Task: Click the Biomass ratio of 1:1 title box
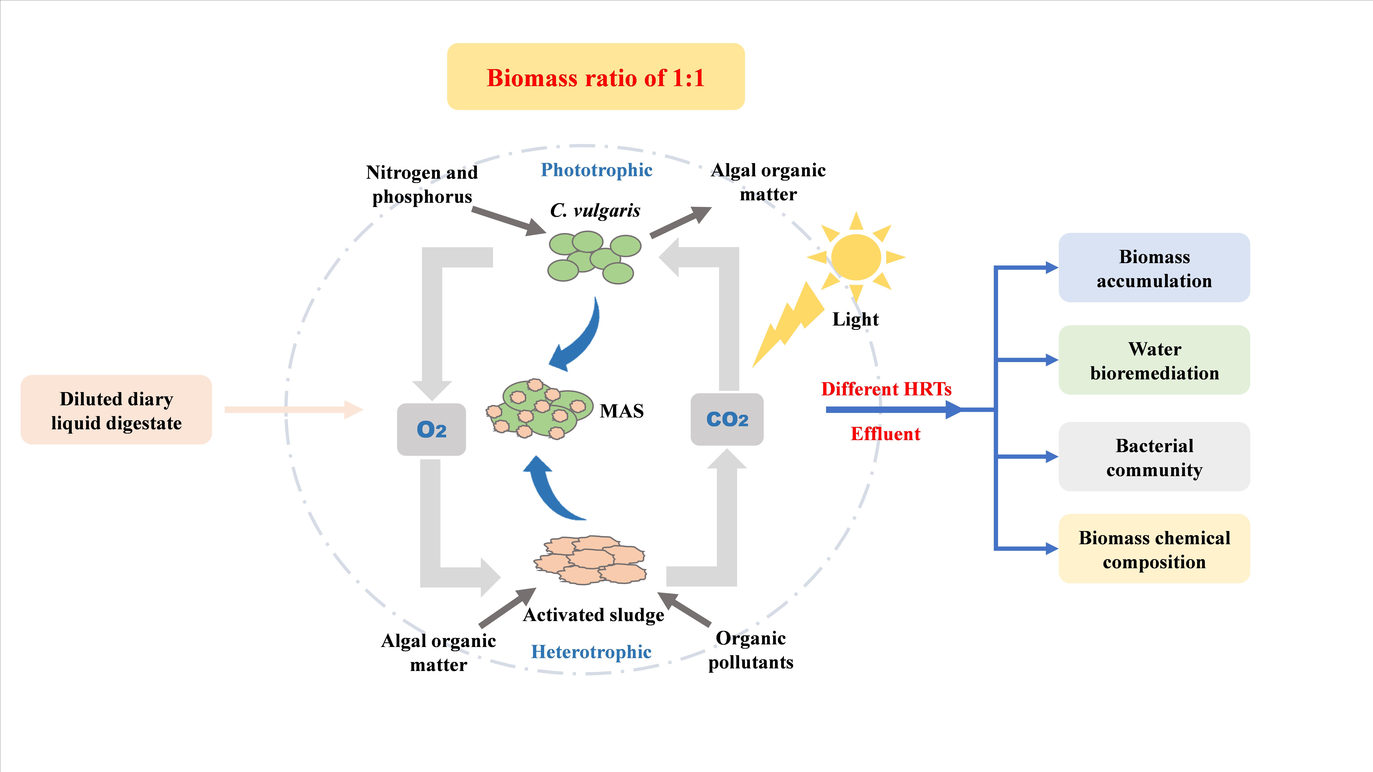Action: point(595,77)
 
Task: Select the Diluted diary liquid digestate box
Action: point(116,410)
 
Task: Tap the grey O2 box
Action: point(431,429)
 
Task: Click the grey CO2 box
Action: point(726,419)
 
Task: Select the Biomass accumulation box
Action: point(1154,268)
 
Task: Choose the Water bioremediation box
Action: point(1154,360)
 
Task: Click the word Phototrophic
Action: point(596,170)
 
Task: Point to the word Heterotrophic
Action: point(591,652)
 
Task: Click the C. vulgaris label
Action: point(595,210)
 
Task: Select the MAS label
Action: point(622,411)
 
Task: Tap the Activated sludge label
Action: point(593,615)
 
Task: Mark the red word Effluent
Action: point(885,434)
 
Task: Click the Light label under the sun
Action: point(855,319)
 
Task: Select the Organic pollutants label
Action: point(750,650)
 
